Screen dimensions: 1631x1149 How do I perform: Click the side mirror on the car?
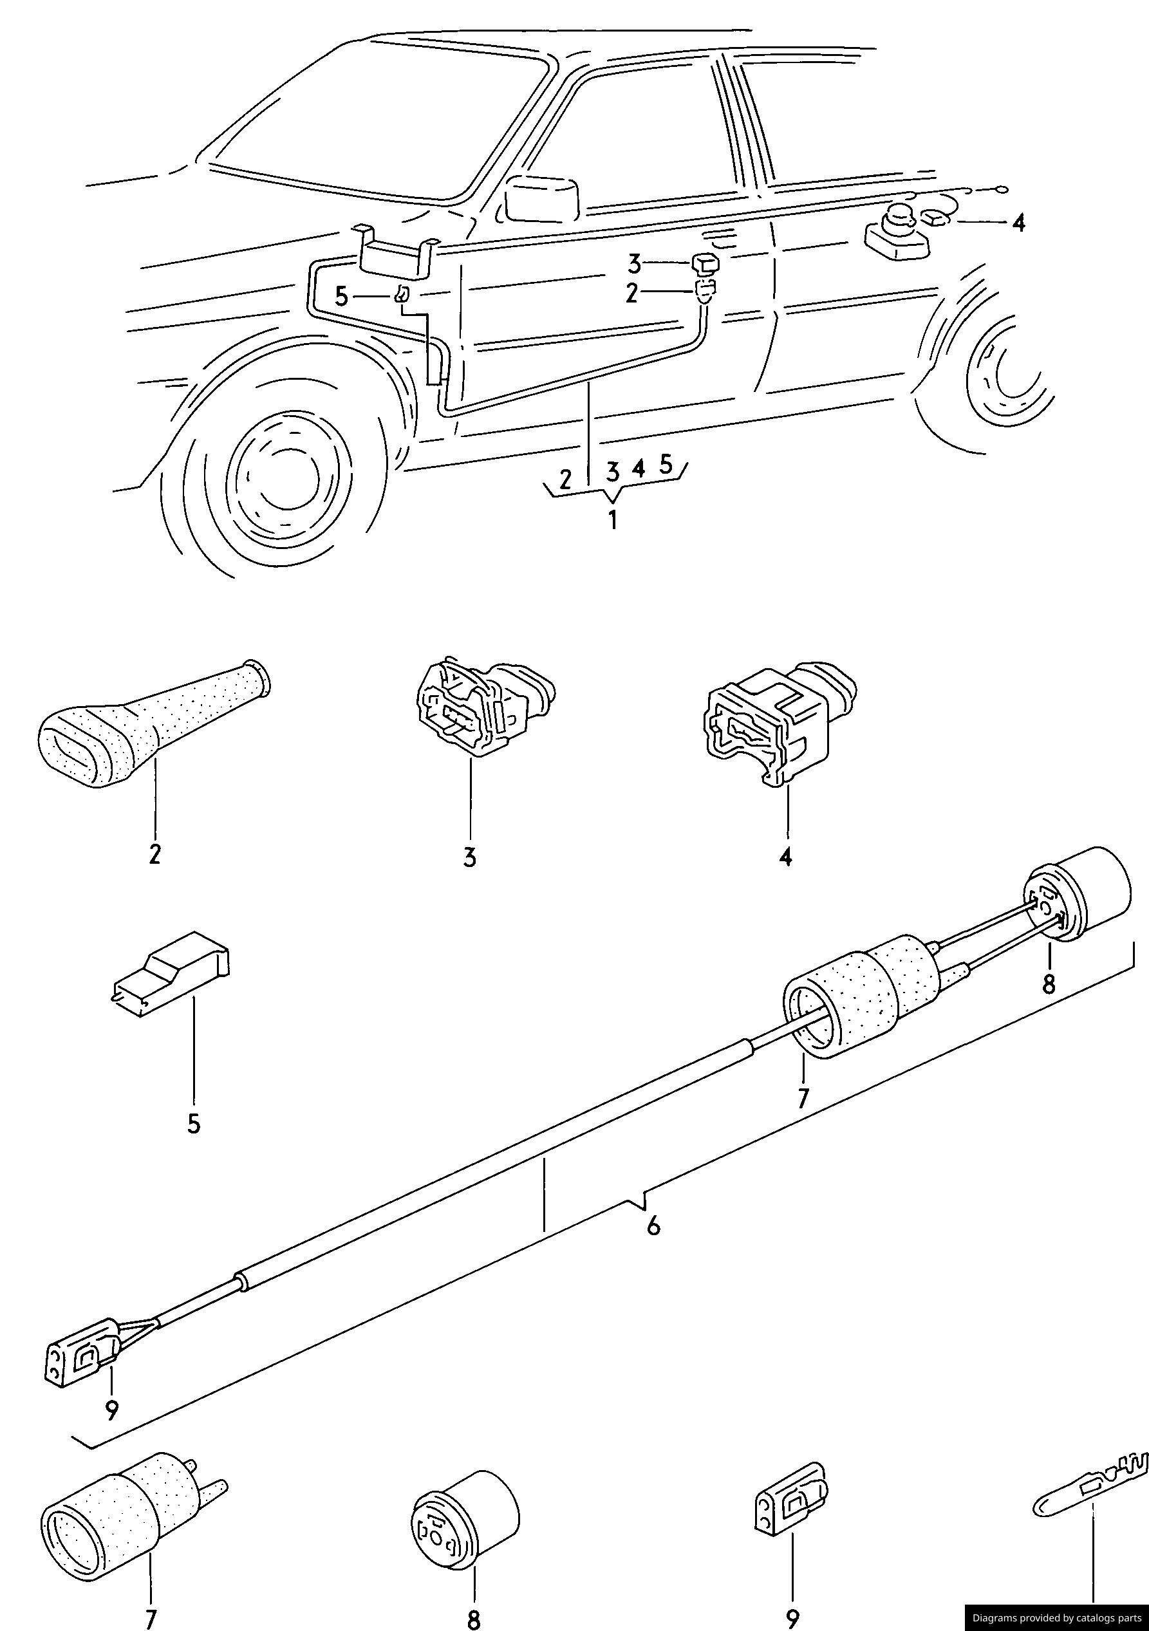click(542, 198)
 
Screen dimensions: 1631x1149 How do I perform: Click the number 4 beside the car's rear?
click(1019, 224)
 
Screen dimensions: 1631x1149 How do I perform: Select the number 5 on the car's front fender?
click(342, 297)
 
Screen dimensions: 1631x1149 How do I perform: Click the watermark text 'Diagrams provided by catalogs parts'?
click(1056, 1618)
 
